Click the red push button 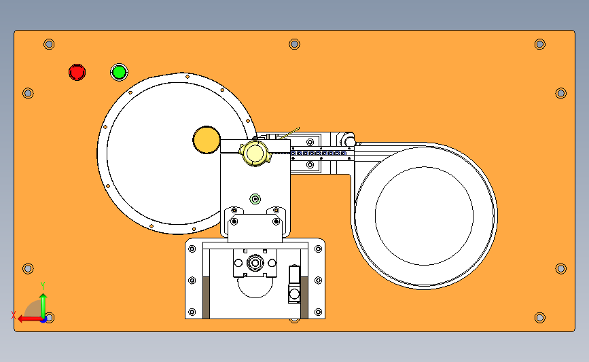77,72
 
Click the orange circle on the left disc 207,140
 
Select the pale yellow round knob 255,153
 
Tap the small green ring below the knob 255,198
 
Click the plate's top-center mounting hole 295,44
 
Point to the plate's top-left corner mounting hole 49,44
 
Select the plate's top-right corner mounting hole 540,44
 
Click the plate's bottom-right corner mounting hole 540,318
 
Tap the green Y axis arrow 43,305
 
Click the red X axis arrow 30,319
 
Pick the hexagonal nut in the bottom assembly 255,263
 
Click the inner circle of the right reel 424,216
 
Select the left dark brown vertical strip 206,297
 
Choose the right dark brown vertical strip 304,297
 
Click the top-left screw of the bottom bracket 192,249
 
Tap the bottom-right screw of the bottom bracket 318,312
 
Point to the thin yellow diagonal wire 289,133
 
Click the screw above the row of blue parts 310,142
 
